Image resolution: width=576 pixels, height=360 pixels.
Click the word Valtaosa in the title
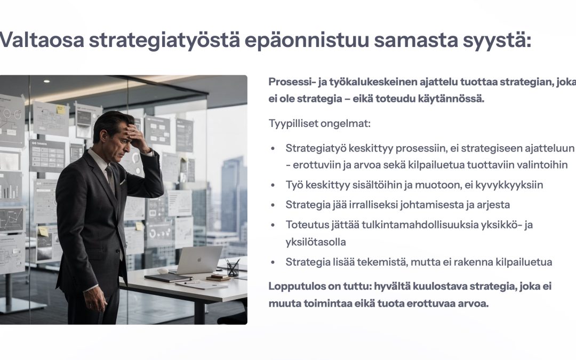tap(42, 40)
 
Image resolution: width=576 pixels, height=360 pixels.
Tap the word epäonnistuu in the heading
tap(307, 41)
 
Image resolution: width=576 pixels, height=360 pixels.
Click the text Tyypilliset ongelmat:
tap(319, 124)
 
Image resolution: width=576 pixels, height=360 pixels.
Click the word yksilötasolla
tap(316, 243)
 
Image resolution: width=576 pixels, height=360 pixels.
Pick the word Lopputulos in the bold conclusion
tap(292, 286)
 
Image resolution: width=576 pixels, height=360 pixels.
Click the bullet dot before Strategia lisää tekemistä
tap(273, 262)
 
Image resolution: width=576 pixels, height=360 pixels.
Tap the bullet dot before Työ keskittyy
tap(273, 185)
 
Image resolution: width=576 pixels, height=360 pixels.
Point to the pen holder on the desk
tap(233, 269)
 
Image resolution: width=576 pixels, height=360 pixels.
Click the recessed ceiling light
tap(46, 81)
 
